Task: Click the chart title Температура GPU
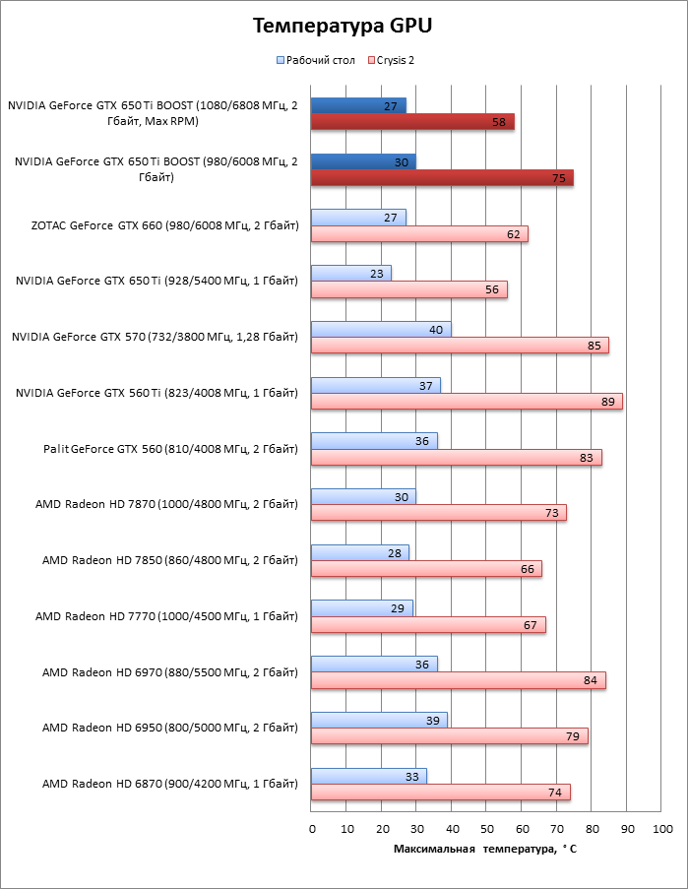click(x=343, y=27)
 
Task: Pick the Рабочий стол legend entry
click(x=315, y=60)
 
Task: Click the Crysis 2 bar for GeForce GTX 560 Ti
click(x=467, y=402)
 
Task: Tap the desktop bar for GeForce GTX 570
click(x=381, y=330)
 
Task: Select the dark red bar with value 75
click(x=442, y=178)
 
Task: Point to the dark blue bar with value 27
click(x=358, y=106)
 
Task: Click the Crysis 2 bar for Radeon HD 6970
click(x=458, y=680)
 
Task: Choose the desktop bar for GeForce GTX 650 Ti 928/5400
click(x=351, y=274)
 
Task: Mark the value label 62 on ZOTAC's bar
click(x=513, y=234)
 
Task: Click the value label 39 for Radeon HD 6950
click(x=430, y=721)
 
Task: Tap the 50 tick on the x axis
click(x=486, y=829)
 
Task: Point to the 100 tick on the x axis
click(x=661, y=829)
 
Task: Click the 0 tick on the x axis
click(x=312, y=829)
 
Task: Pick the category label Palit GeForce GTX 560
click(x=170, y=449)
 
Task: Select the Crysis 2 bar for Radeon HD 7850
click(x=426, y=569)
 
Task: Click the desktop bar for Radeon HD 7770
click(x=361, y=608)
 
